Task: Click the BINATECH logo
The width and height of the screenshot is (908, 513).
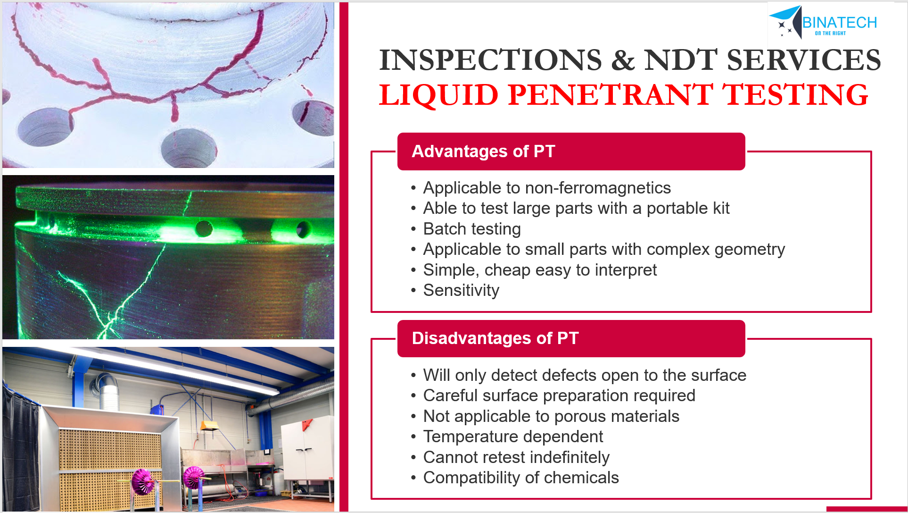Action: coord(823,22)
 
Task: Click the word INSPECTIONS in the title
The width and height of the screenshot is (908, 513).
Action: coord(490,60)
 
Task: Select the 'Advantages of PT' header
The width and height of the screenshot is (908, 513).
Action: coord(571,151)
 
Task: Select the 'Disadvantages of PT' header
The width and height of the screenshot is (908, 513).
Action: coord(571,338)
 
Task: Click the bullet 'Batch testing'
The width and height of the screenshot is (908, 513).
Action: coord(472,229)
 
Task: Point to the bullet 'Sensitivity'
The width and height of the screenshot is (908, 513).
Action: coord(461,290)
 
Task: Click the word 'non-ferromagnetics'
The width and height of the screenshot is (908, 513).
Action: coord(598,188)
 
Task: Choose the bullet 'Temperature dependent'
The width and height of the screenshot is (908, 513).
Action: coord(513,437)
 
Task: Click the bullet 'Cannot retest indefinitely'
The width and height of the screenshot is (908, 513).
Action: coord(516,457)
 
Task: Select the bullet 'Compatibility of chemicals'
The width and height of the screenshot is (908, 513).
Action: coord(521,478)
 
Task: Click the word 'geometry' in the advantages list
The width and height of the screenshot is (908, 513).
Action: coord(750,250)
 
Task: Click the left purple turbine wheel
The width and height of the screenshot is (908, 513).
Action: coord(143,481)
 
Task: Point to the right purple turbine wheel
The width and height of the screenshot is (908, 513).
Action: coord(194,478)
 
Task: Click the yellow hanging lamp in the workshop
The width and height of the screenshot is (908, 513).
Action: coord(209,426)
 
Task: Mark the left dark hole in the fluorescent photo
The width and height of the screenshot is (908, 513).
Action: coord(204,228)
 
